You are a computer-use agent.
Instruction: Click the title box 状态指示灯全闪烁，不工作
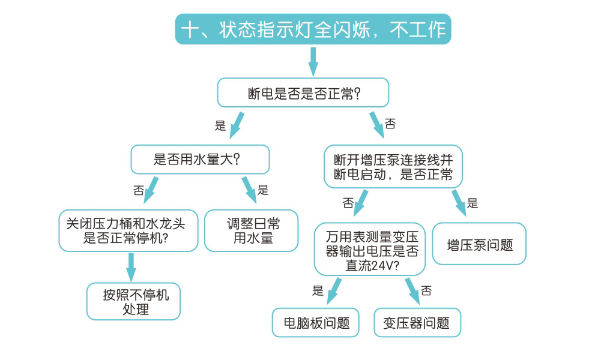pyautogui.click(x=313, y=29)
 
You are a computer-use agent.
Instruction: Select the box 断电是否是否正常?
pyautogui.click(x=303, y=93)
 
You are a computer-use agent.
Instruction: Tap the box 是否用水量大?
pyautogui.click(x=200, y=160)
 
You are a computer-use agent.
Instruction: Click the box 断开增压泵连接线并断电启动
pyautogui.click(x=393, y=167)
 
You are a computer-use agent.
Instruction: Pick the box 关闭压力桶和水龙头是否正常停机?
pyautogui.click(x=128, y=230)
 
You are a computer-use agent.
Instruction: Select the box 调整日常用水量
pyautogui.click(x=251, y=230)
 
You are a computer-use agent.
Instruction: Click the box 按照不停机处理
pyautogui.click(x=133, y=301)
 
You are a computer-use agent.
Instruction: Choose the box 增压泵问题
pyautogui.click(x=479, y=244)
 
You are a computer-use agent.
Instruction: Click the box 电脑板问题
pyautogui.click(x=316, y=323)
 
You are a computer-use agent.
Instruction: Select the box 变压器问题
pyautogui.click(x=417, y=323)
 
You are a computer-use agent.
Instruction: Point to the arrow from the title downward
pyautogui.click(x=313, y=61)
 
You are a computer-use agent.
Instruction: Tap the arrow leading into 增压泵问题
pyautogui.click(x=459, y=203)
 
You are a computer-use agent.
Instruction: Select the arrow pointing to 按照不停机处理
pyautogui.click(x=131, y=266)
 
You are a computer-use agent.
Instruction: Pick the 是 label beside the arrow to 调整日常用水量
pyautogui.click(x=263, y=191)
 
